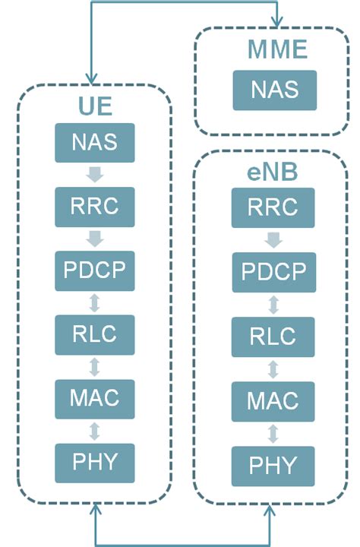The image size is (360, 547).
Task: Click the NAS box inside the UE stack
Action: [x=95, y=142]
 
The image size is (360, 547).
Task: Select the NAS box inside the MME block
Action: [x=274, y=90]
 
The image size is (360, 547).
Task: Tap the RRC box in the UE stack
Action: [x=95, y=207]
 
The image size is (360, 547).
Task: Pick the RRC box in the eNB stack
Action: [x=274, y=207]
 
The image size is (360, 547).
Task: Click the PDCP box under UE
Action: [x=95, y=270]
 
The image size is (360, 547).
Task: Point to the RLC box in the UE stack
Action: [x=95, y=334]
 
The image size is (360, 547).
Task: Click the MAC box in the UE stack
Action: [x=95, y=398]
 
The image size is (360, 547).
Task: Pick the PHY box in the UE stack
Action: [x=95, y=462]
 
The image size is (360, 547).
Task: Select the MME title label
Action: [x=278, y=51]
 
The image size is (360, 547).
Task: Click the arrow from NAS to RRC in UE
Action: [x=95, y=175]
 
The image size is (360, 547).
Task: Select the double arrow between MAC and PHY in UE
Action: [x=95, y=431]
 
